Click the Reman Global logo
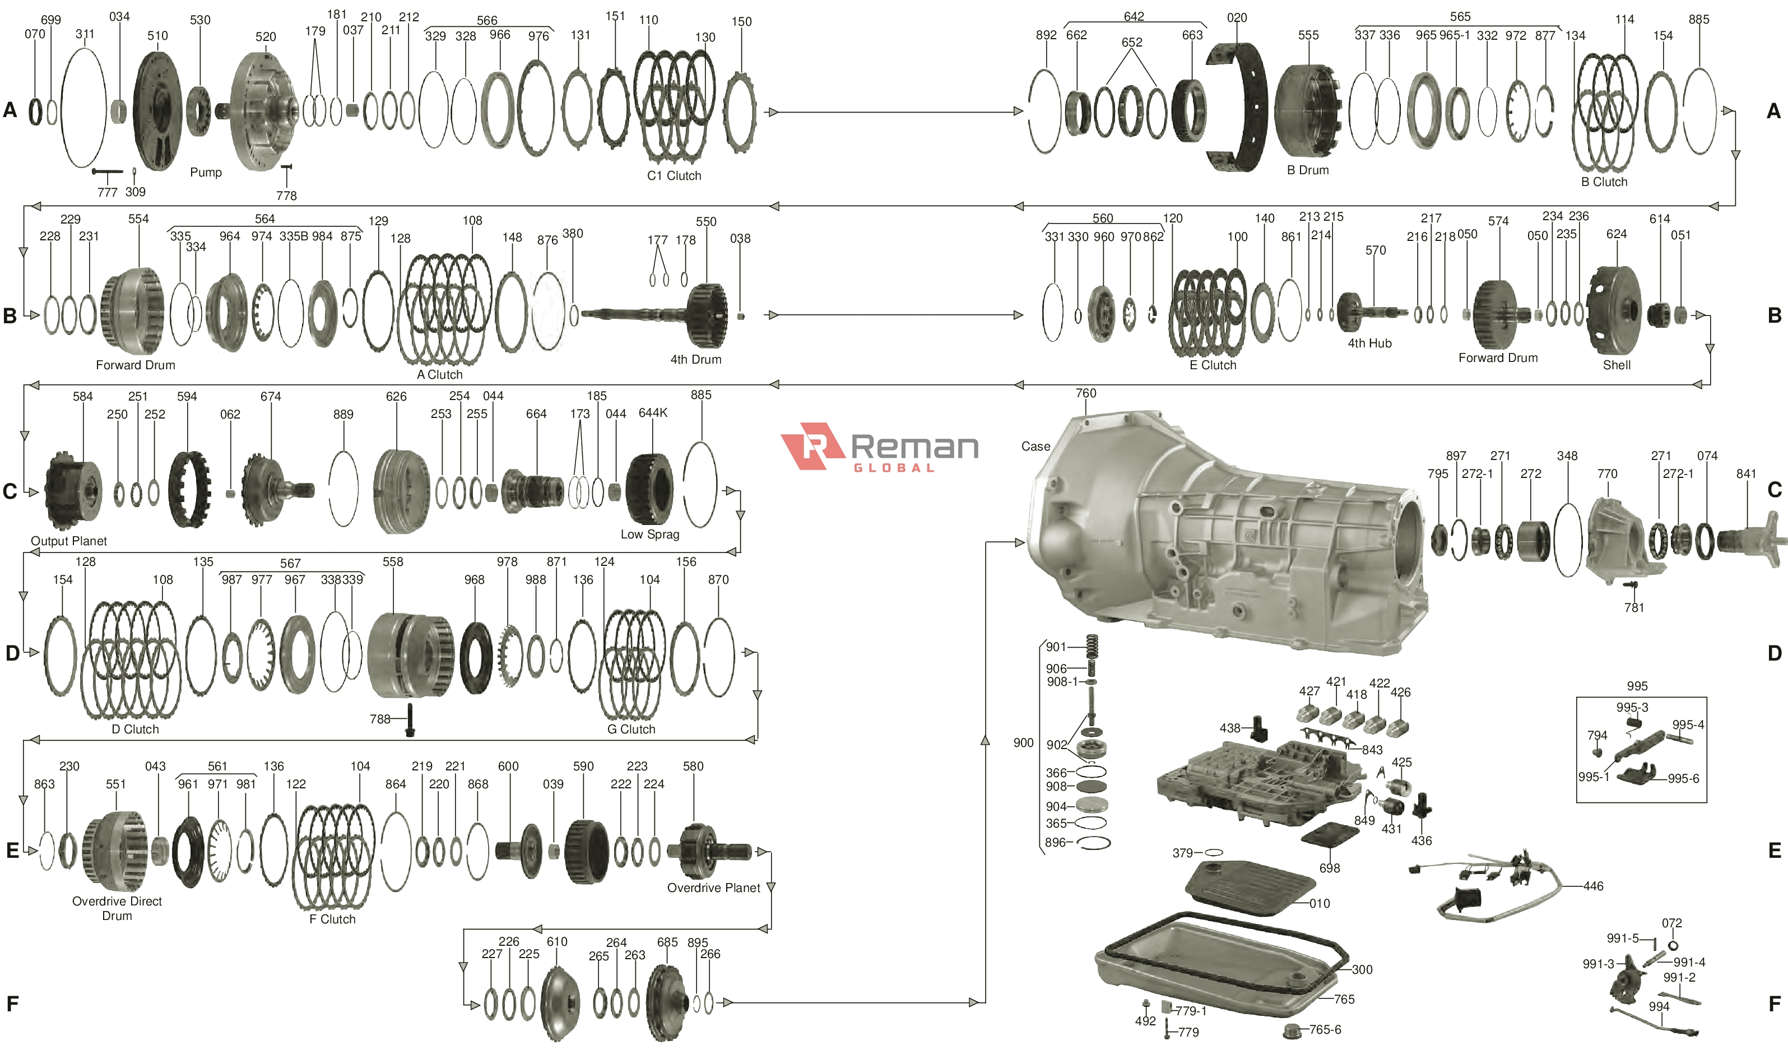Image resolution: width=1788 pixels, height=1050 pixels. click(880, 448)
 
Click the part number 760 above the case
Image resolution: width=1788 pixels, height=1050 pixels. click(1085, 393)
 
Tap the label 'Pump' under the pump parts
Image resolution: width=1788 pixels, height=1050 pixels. click(206, 173)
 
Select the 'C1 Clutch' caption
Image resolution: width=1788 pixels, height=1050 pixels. click(674, 176)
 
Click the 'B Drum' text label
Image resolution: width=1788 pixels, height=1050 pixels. click(1308, 170)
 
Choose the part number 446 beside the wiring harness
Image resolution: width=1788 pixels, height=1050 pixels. click(1593, 886)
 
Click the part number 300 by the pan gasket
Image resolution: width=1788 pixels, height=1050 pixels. click(1362, 970)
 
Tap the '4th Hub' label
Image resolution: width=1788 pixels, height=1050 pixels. click(1369, 343)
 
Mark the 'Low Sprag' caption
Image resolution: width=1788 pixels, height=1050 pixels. click(650, 534)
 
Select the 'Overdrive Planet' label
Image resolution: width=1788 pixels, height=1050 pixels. click(713, 888)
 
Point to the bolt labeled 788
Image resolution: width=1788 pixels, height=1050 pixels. click(410, 720)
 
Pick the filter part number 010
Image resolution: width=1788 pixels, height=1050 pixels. click(1320, 904)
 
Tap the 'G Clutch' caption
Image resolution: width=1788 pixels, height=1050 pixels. click(631, 730)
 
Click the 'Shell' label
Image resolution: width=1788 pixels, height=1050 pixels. click(1617, 365)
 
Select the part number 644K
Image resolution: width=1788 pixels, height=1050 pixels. click(653, 413)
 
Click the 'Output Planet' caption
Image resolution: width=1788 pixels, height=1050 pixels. click(69, 541)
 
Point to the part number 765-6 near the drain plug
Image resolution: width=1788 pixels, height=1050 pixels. click(1325, 1029)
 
